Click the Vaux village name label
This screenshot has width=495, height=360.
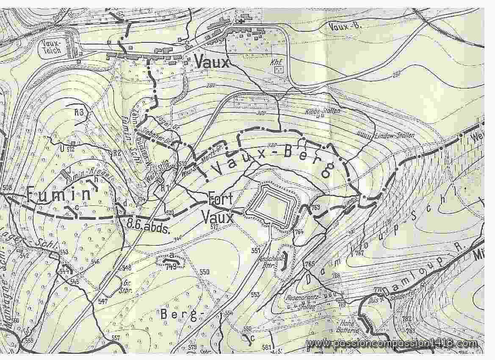212,63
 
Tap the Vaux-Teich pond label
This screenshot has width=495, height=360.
52,47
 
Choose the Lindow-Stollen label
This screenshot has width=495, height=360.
394,136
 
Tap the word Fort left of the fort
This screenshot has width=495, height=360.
219,198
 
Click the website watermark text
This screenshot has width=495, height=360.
393,343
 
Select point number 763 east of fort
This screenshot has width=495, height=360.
314,208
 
